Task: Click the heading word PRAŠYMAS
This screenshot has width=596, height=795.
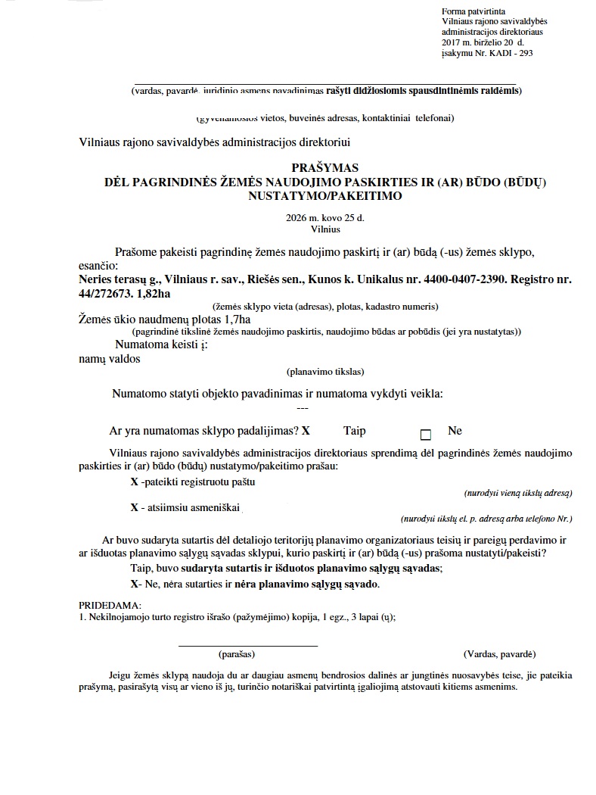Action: point(325,167)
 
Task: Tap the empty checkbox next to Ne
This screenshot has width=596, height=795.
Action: point(425,435)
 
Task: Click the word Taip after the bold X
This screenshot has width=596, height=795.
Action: point(354,431)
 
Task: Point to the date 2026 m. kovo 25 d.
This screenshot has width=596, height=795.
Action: point(325,217)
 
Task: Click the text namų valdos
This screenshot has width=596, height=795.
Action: point(110,359)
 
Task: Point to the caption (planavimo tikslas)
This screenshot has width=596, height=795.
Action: point(325,371)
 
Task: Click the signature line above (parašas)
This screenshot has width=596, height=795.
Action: point(247,645)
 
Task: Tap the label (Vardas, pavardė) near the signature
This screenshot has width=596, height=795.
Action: point(499,653)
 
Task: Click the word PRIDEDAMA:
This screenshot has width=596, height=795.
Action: point(110,606)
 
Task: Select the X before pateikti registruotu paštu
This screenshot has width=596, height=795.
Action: point(134,482)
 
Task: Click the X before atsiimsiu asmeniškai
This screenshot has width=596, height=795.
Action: point(134,507)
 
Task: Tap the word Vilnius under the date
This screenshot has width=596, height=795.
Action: point(325,227)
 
